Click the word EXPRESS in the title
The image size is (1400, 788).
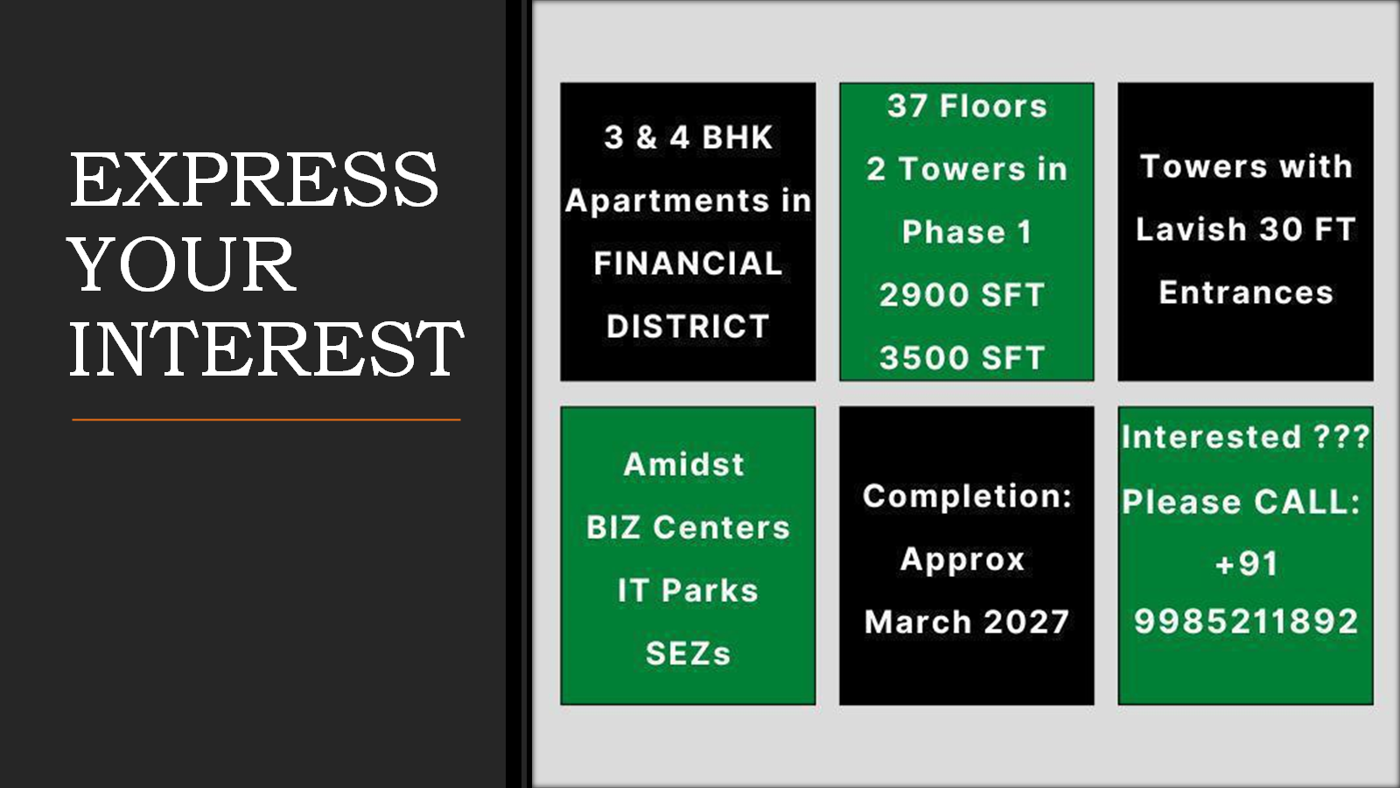(x=254, y=179)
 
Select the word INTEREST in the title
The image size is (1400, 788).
(x=266, y=348)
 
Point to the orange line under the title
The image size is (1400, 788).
(x=266, y=419)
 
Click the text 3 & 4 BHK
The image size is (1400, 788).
(x=688, y=137)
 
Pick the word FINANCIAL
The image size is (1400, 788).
(x=688, y=263)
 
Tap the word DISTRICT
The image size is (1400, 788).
(x=688, y=326)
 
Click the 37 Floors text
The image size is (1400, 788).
(x=967, y=105)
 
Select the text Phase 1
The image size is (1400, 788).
(x=967, y=231)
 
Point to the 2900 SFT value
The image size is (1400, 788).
(x=962, y=294)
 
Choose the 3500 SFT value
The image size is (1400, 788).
(x=962, y=358)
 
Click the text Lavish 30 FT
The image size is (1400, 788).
(x=1246, y=229)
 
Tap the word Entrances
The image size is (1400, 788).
(x=1246, y=292)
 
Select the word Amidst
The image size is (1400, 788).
(x=684, y=464)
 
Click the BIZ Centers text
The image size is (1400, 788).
(x=688, y=527)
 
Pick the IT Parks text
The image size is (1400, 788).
(x=688, y=590)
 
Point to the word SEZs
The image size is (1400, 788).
(x=688, y=653)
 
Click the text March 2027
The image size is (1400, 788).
(x=967, y=622)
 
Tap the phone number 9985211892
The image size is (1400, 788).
(x=1246, y=621)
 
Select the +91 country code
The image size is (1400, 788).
(x=1246, y=563)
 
